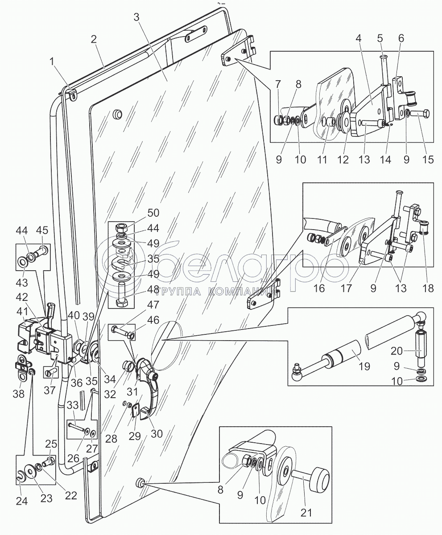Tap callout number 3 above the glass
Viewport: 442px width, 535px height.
point(136,18)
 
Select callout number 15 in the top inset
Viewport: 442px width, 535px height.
point(428,159)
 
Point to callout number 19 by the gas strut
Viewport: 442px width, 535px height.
point(365,367)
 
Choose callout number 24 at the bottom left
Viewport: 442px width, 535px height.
point(22,502)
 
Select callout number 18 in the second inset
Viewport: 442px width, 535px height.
point(428,288)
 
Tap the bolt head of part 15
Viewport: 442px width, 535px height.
point(424,114)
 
